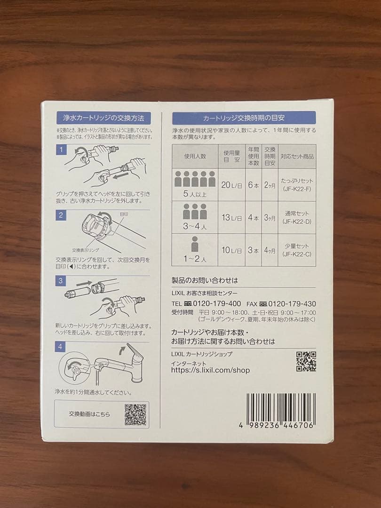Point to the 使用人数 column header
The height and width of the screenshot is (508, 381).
coord(195,156)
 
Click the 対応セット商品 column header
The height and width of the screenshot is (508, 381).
coord(297,156)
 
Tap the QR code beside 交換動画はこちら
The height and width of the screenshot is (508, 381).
coord(135,414)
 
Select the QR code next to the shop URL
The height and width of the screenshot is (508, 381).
coord(306,361)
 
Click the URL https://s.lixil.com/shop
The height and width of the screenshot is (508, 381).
coord(210,370)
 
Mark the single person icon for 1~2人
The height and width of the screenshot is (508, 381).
coord(195,244)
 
